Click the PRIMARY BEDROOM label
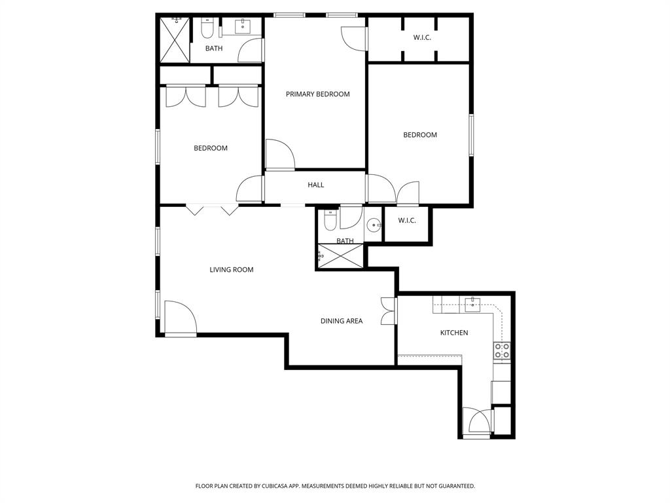click(x=317, y=94)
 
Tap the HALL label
click(x=315, y=185)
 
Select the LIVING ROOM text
click(x=231, y=270)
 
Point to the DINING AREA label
click(x=341, y=321)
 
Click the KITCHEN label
click(x=453, y=333)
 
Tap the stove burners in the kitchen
click(x=502, y=350)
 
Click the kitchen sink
click(x=473, y=303)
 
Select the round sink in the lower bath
click(x=374, y=225)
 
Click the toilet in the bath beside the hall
click(x=330, y=221)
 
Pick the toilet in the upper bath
click(x=207, y=28)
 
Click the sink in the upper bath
click(x=244, y=26)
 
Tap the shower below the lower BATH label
click(x=340, y=257)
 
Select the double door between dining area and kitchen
click(x=389, y=310)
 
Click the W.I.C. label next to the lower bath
click(x=407, y=221)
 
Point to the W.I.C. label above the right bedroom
click(x=422, y=37)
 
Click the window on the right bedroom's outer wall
click(x=470, y=135)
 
